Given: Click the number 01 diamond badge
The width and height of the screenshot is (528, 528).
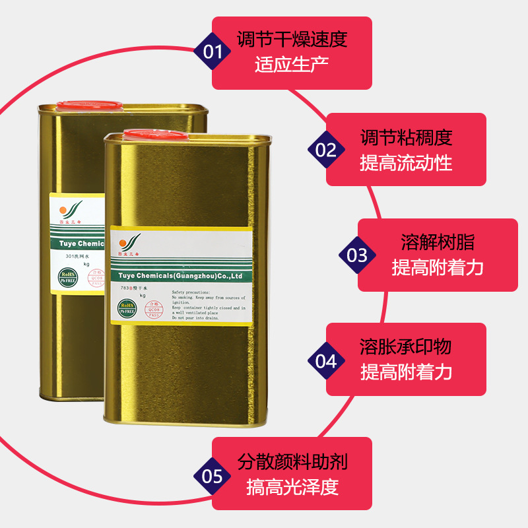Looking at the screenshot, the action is click(x=213, y=51).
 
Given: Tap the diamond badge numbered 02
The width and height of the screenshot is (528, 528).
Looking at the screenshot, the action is click(x=327, y=150).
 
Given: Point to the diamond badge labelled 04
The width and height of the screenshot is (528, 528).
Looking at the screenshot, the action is click(x=327, y=361).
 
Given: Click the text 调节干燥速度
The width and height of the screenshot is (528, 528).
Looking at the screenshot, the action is click(x=292, y=39).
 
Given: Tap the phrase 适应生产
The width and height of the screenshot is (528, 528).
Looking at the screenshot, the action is click(x=292, y=65).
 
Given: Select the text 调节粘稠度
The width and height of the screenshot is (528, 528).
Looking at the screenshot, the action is click(x=406, y=137).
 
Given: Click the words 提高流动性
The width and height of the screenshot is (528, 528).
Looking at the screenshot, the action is click(x=406, y=163).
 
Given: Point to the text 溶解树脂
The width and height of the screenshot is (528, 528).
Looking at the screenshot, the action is click(x=438, y=242).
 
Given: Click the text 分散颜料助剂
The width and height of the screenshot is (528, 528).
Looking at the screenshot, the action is click(x=292, y=461).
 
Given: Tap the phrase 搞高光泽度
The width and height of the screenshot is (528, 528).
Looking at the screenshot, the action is click(x=292, y=487).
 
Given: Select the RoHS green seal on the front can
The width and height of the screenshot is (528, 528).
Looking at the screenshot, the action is click(x=127, y=308).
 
